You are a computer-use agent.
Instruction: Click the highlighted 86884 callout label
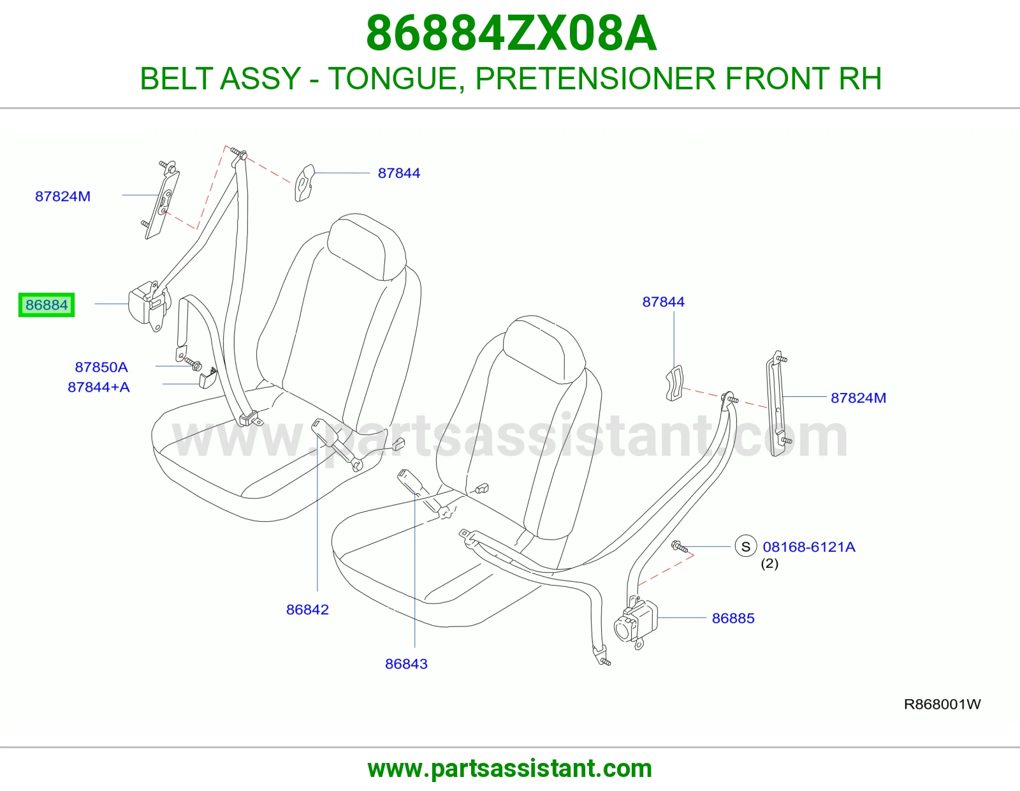click(x=47, y=305)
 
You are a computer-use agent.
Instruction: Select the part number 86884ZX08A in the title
click(x=511, y=33)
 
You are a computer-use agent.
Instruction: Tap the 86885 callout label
click(x=732, y=618)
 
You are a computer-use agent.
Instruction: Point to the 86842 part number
click(x=307, y=610)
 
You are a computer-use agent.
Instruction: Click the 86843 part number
click(x=406, y=663)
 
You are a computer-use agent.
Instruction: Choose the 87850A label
click(x=101, y=367)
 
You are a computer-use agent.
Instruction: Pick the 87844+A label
click(x=99, y=387)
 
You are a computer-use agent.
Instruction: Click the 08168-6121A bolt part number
click(x=809, y=547)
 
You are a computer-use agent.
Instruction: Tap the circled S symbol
click(x=745, y=546)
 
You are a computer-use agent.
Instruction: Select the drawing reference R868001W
click(x=942, y=704)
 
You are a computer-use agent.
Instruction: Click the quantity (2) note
click(x=770, y=563)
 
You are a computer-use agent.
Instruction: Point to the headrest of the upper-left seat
click(x=366, y=247)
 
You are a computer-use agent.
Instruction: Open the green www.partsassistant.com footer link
click(x=510, y=769)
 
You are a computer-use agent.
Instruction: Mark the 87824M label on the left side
click(x=63, y=196)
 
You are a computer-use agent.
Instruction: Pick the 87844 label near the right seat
click(x=663, y=302)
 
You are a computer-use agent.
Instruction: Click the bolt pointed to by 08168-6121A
click(x=679, y=546)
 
